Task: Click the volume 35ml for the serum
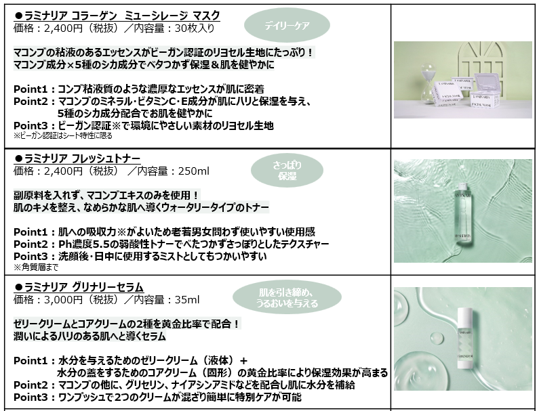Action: (187, 300)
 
